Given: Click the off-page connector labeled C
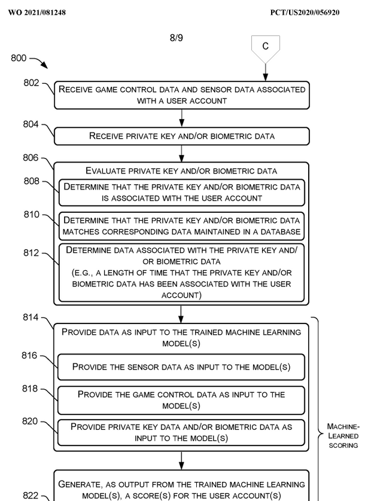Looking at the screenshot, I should pos(265,47).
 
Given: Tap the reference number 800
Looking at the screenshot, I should pos(19,58).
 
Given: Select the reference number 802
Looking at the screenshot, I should pos(32,83).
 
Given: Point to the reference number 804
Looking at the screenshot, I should pos(32,125).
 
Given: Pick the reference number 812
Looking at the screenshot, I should pos(32,253).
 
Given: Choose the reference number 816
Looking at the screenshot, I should pos(30,356).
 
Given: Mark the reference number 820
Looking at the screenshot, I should pos(30,421).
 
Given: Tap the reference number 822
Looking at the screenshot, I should pos(31,496).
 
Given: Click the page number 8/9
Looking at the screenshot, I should pos(177,38).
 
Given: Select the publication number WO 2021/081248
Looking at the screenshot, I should pos(37,13).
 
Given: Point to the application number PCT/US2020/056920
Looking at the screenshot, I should pos(305,13).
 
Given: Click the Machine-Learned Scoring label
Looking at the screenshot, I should pos(343,436).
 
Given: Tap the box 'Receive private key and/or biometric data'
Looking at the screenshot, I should pos(182,136).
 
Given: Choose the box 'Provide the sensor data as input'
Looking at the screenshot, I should pos(181,367).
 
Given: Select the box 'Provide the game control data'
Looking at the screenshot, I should pos(181,400).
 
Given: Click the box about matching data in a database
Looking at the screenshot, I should pos(181,226).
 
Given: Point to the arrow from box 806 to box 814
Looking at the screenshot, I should pos(181,314).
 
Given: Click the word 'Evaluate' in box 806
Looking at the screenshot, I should pos(105,171).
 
